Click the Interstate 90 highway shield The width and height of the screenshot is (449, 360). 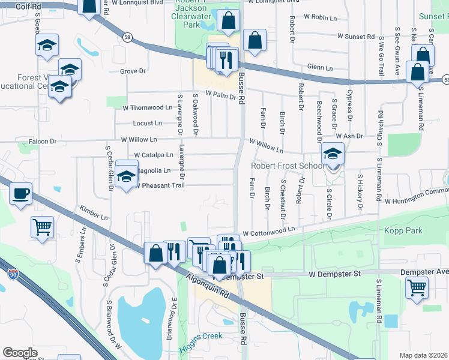tap(13, 274)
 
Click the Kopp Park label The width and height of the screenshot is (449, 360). tap(406, 230)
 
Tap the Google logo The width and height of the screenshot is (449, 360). tap(20, 353)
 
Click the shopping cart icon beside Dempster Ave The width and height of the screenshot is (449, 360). tap(417, 287)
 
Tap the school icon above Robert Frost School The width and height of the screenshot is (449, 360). tap(333, 154)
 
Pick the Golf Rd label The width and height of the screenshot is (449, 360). tap(13, 5)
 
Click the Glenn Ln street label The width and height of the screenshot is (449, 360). tap(320, 68)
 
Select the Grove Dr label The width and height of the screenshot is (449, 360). tap(133, 71)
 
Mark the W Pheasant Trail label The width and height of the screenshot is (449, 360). tap(158, 185)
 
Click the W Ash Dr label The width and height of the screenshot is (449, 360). tap(349, 136)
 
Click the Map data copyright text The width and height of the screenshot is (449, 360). tap(424, 355)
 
